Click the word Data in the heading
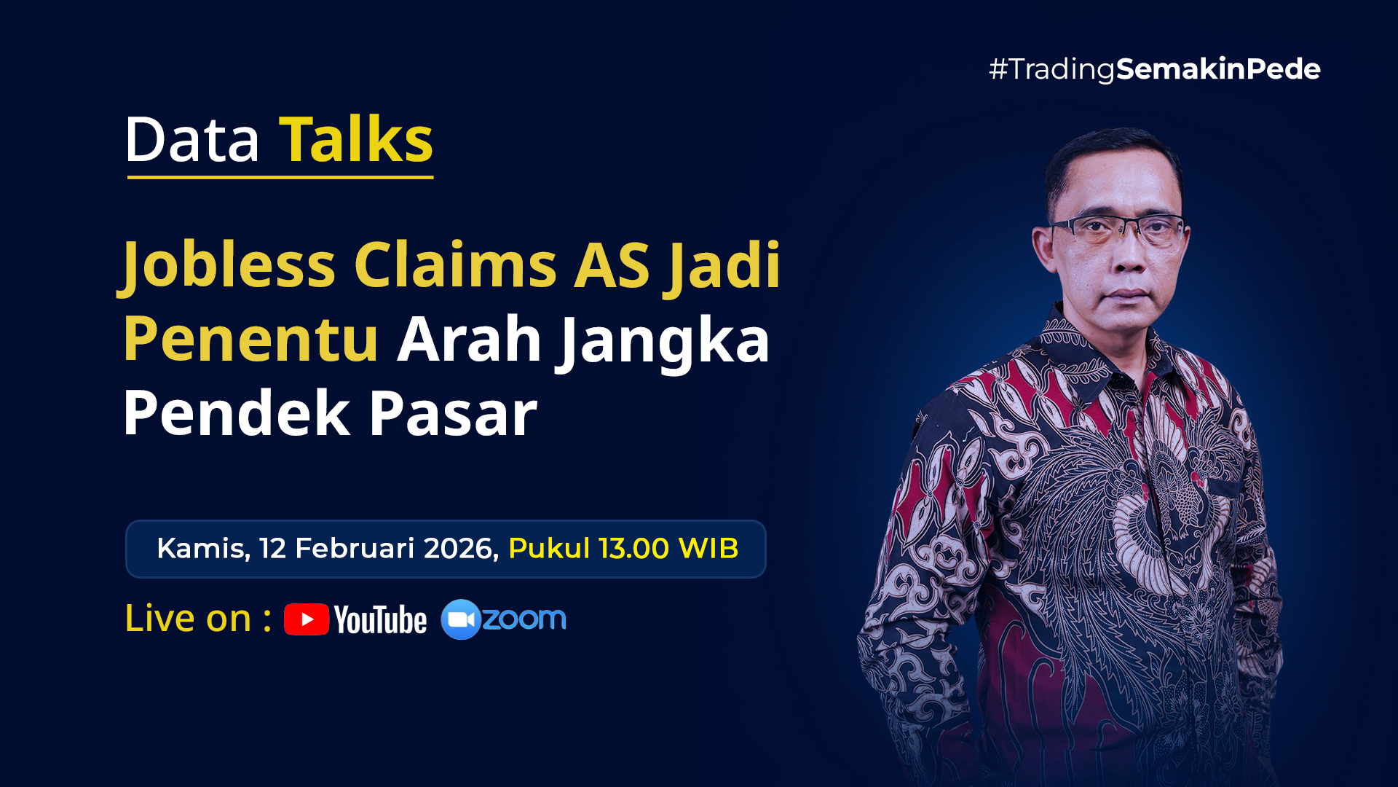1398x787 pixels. coord(192,140)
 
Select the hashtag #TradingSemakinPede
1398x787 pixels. coord(1155,69)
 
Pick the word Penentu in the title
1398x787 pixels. coord(251,340)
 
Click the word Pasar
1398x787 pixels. coord(453,413)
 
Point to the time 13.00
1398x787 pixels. coord(633,548)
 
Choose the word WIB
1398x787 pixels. coord(708,548)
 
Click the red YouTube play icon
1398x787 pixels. coord(307,619)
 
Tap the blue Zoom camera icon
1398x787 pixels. coord(461,619)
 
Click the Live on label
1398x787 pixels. coord(198,618)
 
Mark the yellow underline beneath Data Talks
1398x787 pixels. coord(280,176)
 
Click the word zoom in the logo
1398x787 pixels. coord(524,619)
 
